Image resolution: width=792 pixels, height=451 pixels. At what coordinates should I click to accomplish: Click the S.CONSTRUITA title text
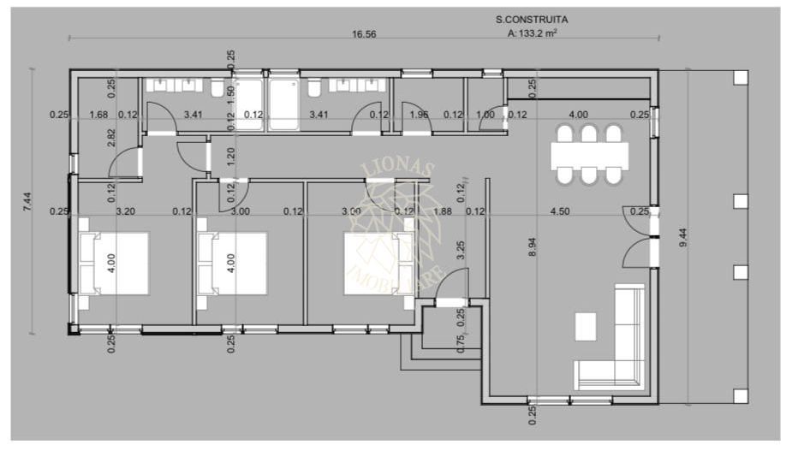coord(531,18)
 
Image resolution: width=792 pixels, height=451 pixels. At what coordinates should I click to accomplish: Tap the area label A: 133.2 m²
coord(533,35)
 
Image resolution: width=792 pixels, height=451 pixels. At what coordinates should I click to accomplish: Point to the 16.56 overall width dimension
coord(364,35)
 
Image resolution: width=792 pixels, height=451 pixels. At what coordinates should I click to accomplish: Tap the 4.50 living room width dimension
coord(559,211)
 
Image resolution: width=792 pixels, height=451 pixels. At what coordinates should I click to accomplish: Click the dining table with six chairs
coord(589,155)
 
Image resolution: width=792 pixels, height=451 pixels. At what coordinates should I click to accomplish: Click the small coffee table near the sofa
coord(587,326)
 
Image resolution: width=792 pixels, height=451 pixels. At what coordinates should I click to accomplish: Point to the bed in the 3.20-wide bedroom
coord(114,263)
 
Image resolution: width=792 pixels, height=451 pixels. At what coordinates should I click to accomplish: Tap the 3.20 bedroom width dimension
coord(126,211)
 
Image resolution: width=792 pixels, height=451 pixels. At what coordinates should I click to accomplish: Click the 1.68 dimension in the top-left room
coord(98,115)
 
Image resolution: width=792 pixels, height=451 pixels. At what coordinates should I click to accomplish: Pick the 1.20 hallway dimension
coord(230,157)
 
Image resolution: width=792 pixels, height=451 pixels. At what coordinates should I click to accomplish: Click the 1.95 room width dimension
coord(419,115)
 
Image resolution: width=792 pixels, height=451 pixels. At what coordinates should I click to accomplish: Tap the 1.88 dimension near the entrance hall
coord(443,211)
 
